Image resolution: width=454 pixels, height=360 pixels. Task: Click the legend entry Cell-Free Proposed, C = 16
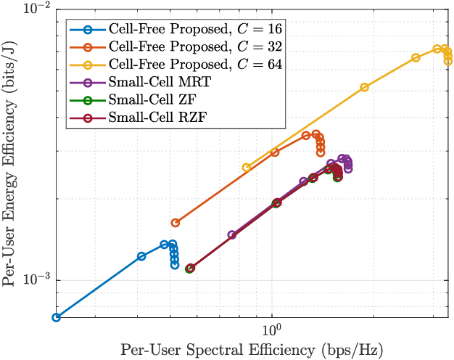coord(195,30)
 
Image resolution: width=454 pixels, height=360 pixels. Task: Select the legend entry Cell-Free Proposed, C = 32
coord(195,47)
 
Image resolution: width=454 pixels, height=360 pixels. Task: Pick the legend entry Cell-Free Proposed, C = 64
coord(195,65)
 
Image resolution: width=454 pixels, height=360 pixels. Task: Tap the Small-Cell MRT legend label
coord(161,82)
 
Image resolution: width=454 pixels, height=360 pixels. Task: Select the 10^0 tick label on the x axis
coord(271,328)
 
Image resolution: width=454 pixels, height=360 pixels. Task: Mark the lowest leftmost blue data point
coord(56,317)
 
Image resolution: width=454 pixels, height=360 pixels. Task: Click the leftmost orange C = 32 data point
coord(175,223)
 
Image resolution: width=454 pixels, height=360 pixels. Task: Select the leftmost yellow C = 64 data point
coord(247,168)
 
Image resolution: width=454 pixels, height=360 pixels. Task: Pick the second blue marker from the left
coord(141,256)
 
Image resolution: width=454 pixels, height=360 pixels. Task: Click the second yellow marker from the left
coord(364,87)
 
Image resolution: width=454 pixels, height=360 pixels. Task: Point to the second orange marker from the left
coord(275,152)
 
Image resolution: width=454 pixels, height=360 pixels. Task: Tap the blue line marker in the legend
coord(87,30)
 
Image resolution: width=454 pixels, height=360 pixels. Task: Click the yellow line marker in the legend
coord(87,65)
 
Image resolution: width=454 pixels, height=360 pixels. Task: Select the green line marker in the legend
coord(87,99)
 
